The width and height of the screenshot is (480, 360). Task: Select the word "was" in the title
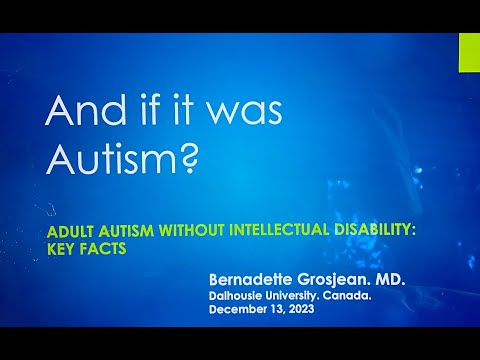(240, 115)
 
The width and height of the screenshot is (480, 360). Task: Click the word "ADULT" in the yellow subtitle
(68, 229)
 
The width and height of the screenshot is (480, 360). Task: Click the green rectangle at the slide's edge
(469, 52)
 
